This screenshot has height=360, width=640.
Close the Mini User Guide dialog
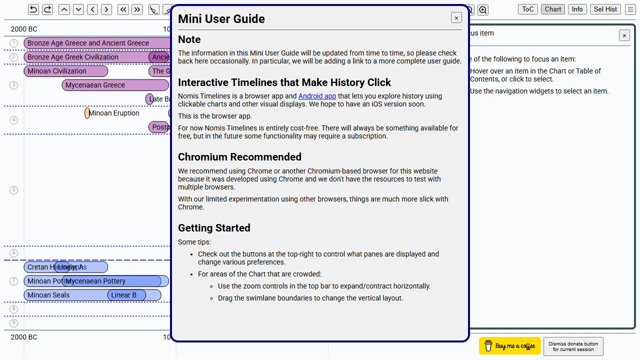tap(456, 18)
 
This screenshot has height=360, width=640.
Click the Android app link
tap(317, 96)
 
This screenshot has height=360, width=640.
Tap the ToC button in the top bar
tap(528, 9)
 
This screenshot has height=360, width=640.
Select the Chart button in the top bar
tap(553, 9)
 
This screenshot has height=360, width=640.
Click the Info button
tap(577, 9)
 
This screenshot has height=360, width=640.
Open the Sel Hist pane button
tap(605, 9)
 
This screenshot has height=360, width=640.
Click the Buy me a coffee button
tap(510, 346)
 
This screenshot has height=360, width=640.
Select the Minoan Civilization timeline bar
tap(65, 71)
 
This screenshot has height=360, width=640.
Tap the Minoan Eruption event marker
tap(87, 113)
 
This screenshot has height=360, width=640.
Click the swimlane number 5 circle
tap(13, 190)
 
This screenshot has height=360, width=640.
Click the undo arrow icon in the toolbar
tap(33, 9)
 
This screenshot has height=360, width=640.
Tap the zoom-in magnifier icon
tap(482, 9)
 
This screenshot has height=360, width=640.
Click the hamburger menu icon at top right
tap(630, 9)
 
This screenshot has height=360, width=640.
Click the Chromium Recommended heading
tap(239, 157)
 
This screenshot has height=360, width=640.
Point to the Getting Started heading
tap(214, 228)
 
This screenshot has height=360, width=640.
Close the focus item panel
tap(624, 35)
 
